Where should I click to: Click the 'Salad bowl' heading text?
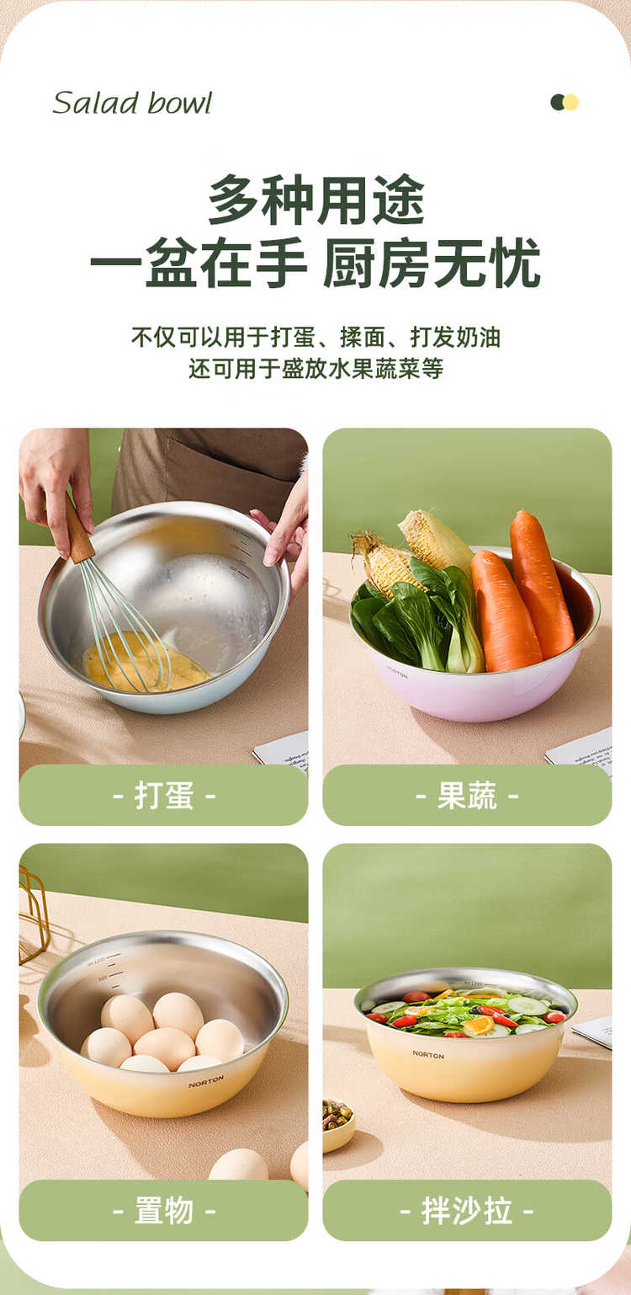132,103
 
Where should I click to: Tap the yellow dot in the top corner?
571,103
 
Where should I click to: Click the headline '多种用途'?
316,200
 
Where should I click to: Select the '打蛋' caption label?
164,796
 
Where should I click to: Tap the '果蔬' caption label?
467,796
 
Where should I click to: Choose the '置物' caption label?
164,1210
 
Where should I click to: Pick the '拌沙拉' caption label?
467,1210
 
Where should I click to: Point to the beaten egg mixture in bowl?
145,663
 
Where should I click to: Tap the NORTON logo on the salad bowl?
428,1055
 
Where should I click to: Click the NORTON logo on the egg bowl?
206,1082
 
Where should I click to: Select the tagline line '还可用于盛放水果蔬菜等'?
316,369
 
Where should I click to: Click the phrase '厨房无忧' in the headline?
431,263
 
